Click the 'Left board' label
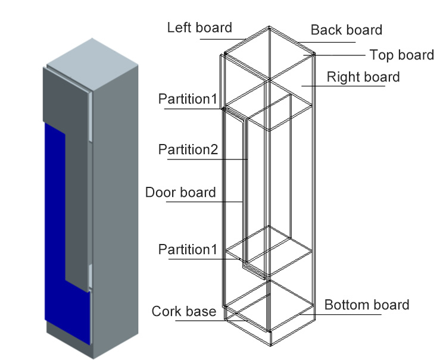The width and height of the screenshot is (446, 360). tap(199, 27)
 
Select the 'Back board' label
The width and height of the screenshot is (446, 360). tap(347, 29)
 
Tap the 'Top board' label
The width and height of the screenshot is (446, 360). tap(401, 55)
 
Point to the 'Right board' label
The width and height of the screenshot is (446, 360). tap(363, 77)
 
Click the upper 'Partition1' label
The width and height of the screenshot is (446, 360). tap(188, 98)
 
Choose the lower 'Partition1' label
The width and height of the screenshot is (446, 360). tap(188, 249)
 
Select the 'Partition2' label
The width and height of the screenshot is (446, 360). tap(188, 149)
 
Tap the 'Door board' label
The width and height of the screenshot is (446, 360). tap(180, 192)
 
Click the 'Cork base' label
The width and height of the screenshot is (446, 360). tap(184, 311)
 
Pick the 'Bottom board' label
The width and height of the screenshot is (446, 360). tap(367, 305)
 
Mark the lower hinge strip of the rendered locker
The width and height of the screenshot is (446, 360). tap(89, 276)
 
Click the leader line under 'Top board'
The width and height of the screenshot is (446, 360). tap(339, 55)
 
